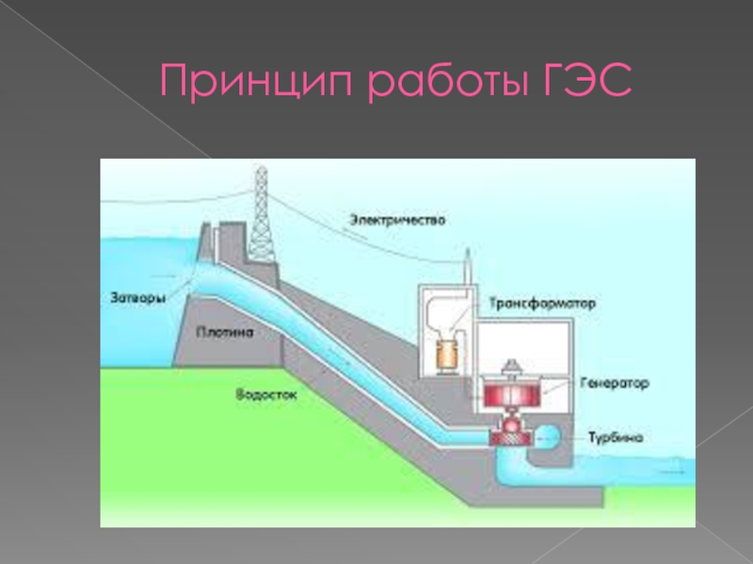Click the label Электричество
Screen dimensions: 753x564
coord(398,219)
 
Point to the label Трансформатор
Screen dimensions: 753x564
coord(542,304)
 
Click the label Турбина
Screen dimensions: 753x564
coord(617,437)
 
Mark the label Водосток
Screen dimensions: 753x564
coord(266,396)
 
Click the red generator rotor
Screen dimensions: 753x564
coord(512,390)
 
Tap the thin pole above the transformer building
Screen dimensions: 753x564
coord(467,268)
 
